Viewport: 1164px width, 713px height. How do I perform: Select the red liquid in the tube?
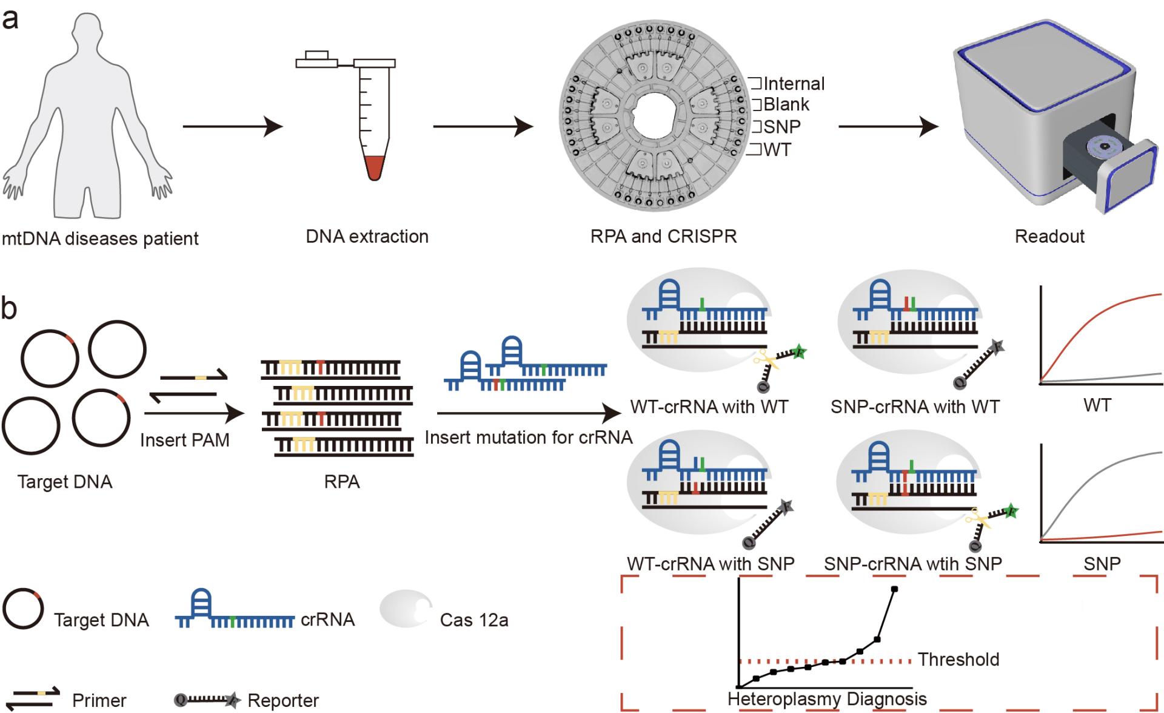(374, 166)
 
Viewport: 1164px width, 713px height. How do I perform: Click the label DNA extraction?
(367, 236)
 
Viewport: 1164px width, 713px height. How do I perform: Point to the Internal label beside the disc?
(794, 84)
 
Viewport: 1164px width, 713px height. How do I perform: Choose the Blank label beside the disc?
(786, 104)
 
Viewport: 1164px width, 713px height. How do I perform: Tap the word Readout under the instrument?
(1049, 236)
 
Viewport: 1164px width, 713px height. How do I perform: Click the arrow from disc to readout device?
(888, 127)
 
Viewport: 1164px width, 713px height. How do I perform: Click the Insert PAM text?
(184, 440)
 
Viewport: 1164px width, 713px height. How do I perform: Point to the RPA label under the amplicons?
(342, 482)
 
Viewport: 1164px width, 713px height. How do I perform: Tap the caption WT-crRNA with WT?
(709, 407)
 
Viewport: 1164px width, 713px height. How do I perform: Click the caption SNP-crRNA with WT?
(915, 407)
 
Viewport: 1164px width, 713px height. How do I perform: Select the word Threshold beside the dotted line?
(958, 659)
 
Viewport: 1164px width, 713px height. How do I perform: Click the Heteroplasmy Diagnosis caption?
(827, 699)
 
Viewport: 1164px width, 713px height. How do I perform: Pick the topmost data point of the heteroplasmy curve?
(895, 589)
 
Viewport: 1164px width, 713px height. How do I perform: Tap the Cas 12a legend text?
(474, 620)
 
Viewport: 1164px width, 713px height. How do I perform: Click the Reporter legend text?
(283, 700)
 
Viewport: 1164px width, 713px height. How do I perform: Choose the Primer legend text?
(99, 700)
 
